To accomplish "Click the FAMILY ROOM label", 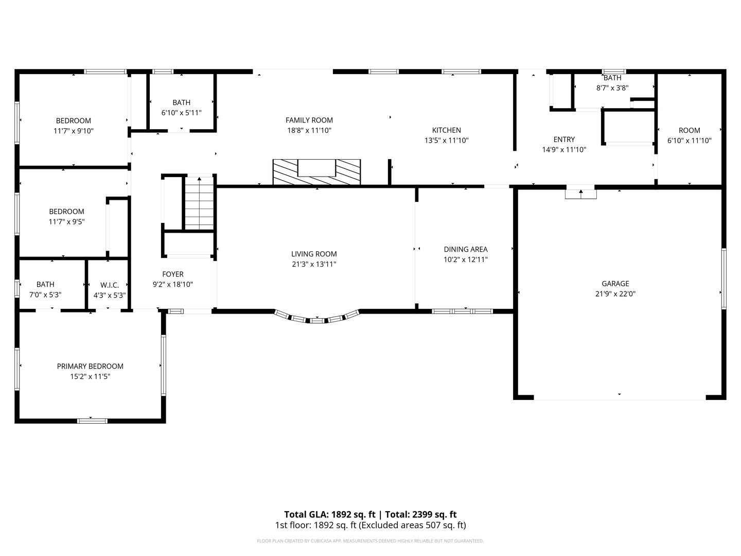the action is pos(309,120).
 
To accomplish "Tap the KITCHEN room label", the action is pos(446,130).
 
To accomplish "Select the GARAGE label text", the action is pos(615,284).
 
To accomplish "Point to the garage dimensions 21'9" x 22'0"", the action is pos(615,293).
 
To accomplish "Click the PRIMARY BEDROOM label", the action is pos(90,366).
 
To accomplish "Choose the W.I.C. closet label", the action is pos(110,285).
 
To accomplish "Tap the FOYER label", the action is pos(173,274).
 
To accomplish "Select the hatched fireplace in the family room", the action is pos(316,172).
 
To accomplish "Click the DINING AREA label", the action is pos(466,250).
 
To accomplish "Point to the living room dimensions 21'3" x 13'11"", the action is pos(314,264).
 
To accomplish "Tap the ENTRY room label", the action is pos(564,140).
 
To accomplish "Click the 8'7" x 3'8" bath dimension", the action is pos(612,88).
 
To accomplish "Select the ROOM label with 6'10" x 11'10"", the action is pos(690,130).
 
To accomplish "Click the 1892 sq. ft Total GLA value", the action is pos(353,514).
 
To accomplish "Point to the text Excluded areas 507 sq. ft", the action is pos(413,525).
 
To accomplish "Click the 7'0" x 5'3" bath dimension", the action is pos(45,294).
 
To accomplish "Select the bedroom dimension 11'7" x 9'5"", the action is pos(66,222).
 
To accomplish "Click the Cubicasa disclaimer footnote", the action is pos(370,541).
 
